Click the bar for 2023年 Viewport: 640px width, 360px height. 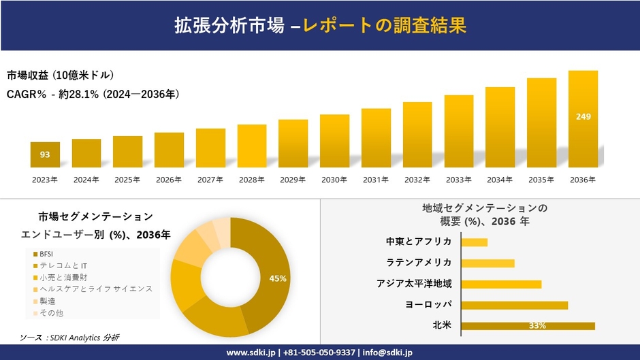(x=45, y=154)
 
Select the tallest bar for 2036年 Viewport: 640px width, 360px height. (x=583, y=119)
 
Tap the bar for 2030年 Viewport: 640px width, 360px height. (x=334, y=141)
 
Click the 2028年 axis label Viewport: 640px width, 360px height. (x=251, y=180)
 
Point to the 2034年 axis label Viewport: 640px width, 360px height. (x=500, y=180)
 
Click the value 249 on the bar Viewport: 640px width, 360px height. (x=583, y=117)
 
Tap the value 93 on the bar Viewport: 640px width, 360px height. (x=45, y=154)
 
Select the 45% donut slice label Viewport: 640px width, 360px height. (x=278, y=278)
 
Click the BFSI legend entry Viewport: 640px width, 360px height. (x=46, y=254)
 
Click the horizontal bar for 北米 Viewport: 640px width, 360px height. (x=528, y=326)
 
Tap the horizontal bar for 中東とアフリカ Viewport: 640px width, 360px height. (x=475, y=242)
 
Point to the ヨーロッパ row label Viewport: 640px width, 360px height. (x=429, y=304)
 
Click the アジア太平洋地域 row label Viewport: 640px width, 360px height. (x=414, y=284)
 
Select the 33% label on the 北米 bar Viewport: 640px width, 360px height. (x=537, y=326)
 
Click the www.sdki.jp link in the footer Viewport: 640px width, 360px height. (x=250, y=353)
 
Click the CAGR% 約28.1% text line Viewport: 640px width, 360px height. (x=93, y=94)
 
